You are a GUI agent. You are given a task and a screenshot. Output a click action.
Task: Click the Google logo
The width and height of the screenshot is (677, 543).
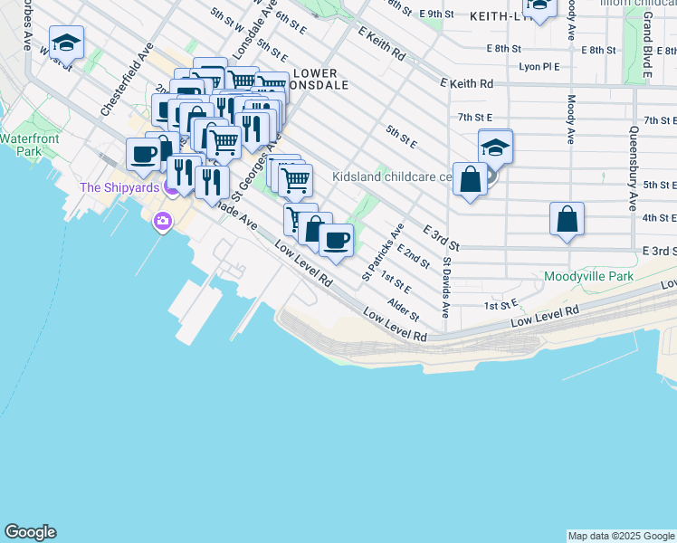click(x=30, y=532)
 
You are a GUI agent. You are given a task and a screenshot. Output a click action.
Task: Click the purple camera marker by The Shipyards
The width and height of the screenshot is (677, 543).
click(x=163, y=221)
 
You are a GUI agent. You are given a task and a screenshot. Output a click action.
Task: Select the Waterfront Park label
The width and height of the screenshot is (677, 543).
click(x=29, y=145)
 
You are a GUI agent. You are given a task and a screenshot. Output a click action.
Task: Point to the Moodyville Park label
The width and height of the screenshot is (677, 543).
click(x=584, y=275)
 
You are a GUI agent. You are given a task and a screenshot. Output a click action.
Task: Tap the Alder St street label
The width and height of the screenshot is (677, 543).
click(x=404, y=309)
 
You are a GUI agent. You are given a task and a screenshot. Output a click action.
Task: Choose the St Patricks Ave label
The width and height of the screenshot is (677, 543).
click(x=384, y=251)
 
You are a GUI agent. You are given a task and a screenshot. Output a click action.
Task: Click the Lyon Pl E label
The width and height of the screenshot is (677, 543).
click(x=539, y=66)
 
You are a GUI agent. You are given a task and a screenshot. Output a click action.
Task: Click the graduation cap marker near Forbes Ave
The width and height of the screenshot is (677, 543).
click(x=66, y=43)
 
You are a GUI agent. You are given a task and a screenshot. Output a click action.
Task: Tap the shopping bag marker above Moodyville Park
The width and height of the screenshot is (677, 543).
click(x=567, y=219)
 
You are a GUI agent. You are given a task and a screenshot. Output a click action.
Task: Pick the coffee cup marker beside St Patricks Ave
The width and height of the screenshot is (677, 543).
click(x=336, y=241)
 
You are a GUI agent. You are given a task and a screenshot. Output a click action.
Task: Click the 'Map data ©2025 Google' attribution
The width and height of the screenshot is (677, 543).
click(x=622, y=536)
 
